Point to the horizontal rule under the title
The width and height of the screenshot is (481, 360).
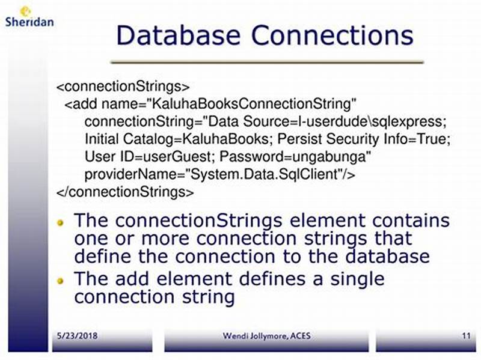(x=267, y=61)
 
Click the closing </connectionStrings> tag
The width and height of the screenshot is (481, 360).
(x=125, y=192)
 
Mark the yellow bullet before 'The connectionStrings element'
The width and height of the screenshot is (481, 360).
(x=60, y=222)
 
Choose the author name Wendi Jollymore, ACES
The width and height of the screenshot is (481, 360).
(x=265, y=335)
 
